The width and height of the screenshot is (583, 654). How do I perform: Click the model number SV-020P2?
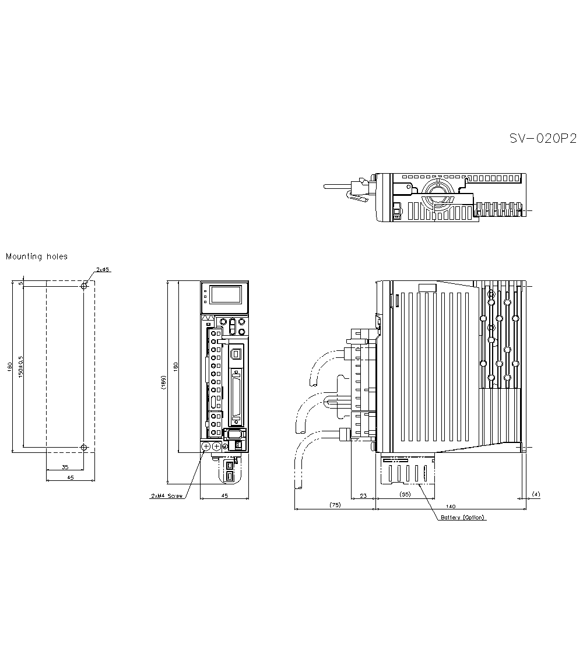(542, 139)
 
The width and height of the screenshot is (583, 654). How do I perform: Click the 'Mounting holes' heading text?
(37, 256)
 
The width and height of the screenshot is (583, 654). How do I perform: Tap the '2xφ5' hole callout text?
(103, 270)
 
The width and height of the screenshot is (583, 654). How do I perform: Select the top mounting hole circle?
(84, 286)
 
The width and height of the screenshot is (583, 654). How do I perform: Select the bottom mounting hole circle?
(84, 448)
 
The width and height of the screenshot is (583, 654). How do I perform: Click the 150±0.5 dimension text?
(20, 365)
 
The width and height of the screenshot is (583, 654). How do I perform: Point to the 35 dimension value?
(64, 467)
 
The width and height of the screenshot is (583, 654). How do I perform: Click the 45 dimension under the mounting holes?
(70, 477)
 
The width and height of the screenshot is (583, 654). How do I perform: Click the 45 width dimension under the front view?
(224, 495)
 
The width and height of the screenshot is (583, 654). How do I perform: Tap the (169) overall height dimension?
(164, 383)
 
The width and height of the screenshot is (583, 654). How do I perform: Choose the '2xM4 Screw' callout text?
(167, 496)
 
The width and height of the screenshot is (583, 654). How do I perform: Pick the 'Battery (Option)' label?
(462, 518)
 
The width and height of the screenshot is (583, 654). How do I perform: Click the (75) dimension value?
(335, 504)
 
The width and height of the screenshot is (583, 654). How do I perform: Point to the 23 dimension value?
(363, 495)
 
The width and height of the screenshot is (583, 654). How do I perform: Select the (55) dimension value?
(405, 494)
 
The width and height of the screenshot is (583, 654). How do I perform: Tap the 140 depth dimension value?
(451, 506)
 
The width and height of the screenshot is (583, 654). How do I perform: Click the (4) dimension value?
(536, 494)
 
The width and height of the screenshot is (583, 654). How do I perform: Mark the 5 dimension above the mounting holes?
(21, 283)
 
